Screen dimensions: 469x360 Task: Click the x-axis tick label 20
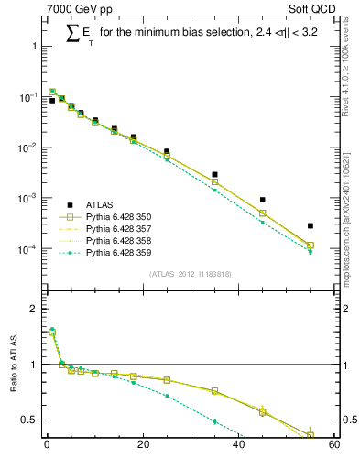142,446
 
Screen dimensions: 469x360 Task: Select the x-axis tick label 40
238,446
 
